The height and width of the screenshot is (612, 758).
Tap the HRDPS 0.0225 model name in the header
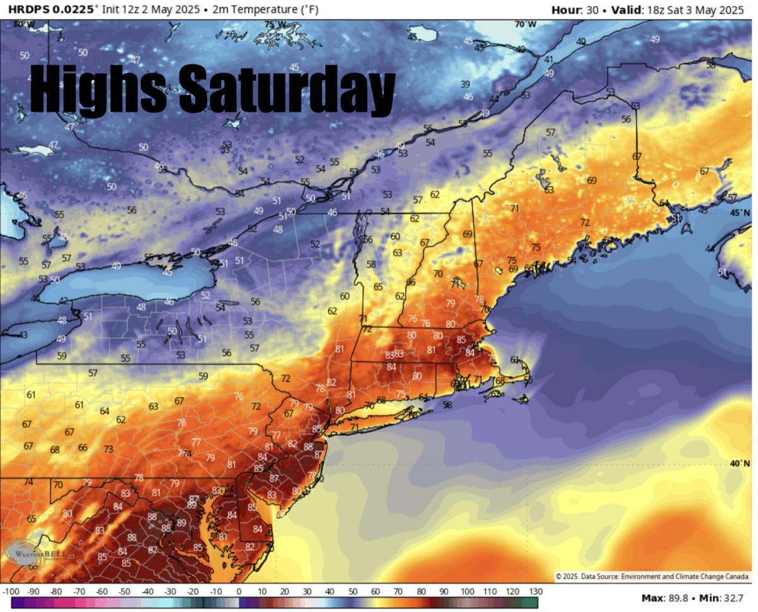(52, 9)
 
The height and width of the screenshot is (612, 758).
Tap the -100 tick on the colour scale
(11, 591)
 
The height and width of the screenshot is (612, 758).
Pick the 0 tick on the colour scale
(239, 591)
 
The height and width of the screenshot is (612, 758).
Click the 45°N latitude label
(740, 213)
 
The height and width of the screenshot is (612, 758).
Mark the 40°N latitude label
(740, 463)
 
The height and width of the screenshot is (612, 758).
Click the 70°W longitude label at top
(525, 24)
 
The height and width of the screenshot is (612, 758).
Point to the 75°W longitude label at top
(275, 24)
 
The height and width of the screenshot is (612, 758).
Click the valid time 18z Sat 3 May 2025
(698, 9)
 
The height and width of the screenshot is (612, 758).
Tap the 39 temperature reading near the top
(465, 84)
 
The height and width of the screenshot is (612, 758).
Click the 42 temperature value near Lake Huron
(63, 301)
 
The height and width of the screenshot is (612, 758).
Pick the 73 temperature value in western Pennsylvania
(109, 449)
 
